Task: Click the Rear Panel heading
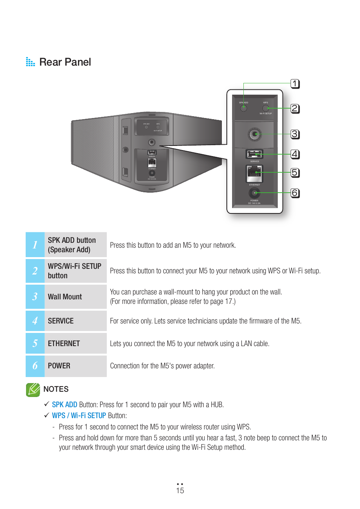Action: click(65, 62)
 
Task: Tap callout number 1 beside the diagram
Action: click(295, 84)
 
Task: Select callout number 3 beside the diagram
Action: click(295, 134)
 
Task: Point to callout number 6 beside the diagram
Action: click(295, 193)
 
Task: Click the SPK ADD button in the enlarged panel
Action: click(244, 108)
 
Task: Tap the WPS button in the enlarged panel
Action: click(266, 108)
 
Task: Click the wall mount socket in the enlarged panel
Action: click(255, 134)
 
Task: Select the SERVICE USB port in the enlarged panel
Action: click(255, 154)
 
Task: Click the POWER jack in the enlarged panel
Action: click(254, 193)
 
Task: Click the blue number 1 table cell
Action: click(35, 245)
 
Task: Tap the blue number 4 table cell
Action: click(35, 321)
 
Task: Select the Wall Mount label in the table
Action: click(65, 297)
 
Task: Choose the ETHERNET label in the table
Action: click(64, 343)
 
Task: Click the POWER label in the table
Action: click(59, 366)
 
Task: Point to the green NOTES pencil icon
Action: click(33, 389)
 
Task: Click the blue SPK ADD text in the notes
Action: click(65, 405)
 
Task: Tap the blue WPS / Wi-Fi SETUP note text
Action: click(79, 415)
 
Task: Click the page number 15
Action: click(180, 490)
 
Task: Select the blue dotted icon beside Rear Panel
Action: click(30, 62)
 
